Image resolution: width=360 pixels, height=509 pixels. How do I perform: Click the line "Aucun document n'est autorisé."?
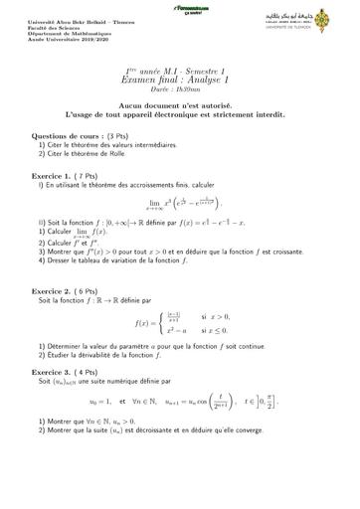[180, 105]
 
